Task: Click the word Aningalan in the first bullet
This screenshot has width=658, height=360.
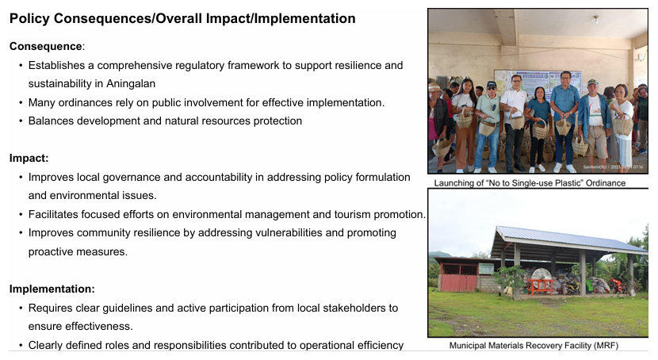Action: coord(131,84)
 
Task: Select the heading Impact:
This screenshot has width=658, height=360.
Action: coord(29,158)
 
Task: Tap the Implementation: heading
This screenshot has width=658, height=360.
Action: coord(52,289)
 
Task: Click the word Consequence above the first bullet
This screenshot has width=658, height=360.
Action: coord(46,46)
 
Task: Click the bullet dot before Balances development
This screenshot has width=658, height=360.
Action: coord(21,121)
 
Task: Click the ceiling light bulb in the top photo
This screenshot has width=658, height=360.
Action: coord(595,19)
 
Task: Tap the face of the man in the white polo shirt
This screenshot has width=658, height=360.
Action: coord(516,81)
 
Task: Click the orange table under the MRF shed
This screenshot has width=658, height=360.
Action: coord(540,285)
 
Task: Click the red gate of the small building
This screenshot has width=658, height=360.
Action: coord(458,282)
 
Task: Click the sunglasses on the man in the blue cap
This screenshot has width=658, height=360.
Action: coord(492,89)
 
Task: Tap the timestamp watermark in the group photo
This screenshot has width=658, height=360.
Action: coord(613,167)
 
